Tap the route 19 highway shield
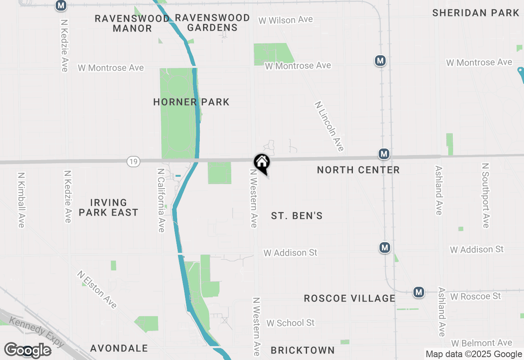pos(133,162)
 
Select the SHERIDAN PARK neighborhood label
pos(476,13)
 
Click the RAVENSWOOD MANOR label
pos(132,23)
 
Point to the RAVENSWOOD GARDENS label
pos(212,22)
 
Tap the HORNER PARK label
pos(191,102)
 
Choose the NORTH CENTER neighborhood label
pos(358,170)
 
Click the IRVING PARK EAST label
pos(108,207)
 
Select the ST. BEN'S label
pos(297,216)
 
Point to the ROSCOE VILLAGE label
pos(350,298)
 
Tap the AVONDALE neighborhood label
pos(119,348)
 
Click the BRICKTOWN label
pos(303,350)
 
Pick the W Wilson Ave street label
pos(286,20)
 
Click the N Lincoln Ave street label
pos(329,126)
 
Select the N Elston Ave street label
pos(97,289)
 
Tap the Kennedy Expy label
pos(37,331)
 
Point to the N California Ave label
pos(161,200)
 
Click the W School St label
pos(291,323)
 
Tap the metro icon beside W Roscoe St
pos(418,292)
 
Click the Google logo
pos(27,350)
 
